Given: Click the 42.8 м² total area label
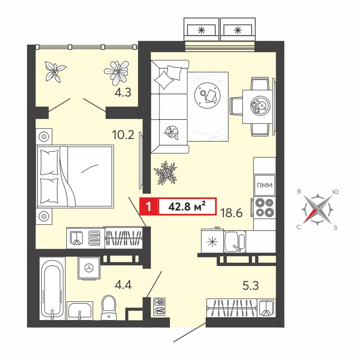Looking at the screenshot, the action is coord(186,207).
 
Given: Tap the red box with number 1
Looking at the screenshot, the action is coord(149,206).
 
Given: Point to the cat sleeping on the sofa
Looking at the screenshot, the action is coord(171,132).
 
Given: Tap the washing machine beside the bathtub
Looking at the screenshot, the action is coord(89,268).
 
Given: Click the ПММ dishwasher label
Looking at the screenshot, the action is coord(265,185).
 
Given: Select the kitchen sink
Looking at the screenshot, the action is coord(235,242).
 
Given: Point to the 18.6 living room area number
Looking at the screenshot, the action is coord(231,213).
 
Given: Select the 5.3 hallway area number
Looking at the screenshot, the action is coord(251,285).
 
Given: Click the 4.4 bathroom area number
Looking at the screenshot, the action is coord(123,285).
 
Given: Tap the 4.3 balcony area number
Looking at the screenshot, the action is coord(123,93).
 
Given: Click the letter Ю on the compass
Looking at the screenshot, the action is coord(336,192).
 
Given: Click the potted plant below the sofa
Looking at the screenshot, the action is coord(166,173).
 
